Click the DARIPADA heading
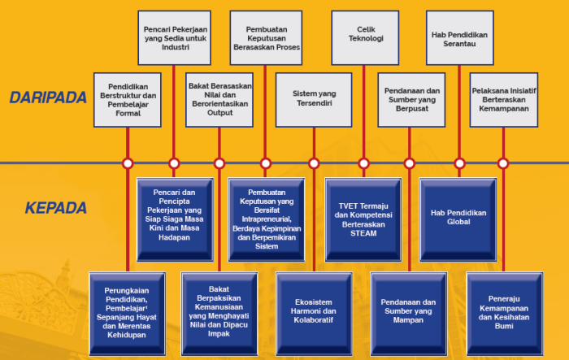pyautogui.click(x=48, y=98)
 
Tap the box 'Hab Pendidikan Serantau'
pyautogui.click(x=457, y=37)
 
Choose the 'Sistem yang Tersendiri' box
pyautogui.click(x=314, y=99)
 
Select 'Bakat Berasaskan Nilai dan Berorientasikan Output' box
pyautogui.click(x=220, y=99)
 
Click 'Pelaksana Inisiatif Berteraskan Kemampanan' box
pyautogui.click(x=504, y=99)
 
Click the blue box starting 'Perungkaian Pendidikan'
pyautogui.click(x=126, y=313)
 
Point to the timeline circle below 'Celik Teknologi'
pyautogui.click(x=363, y=163)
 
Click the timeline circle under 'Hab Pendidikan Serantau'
pyautogui.click(x=458, y=163)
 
